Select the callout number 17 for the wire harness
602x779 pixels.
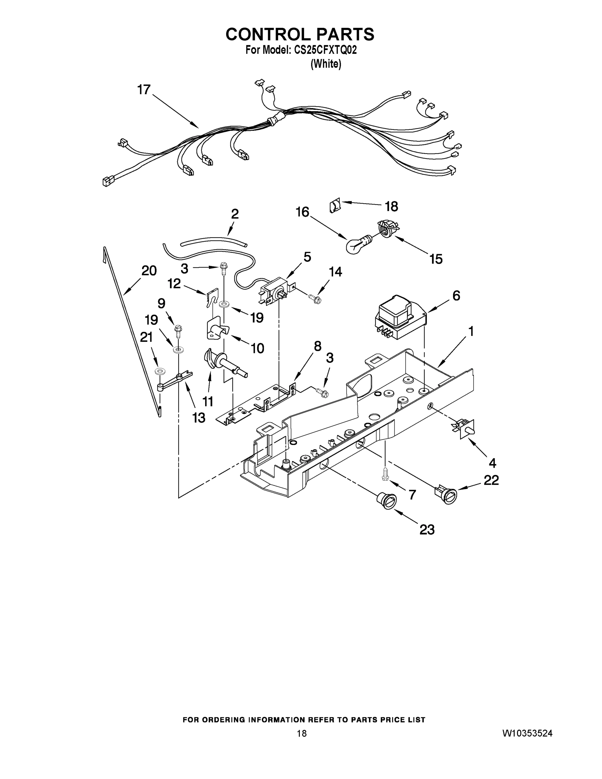point(144,90)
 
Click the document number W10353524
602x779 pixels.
point(527,733)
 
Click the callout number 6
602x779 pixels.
point(456,296)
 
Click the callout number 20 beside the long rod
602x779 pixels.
point(149,271)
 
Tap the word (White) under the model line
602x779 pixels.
point(326,64)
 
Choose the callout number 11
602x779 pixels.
point(208,402)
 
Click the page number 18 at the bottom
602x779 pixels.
point(302,733)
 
